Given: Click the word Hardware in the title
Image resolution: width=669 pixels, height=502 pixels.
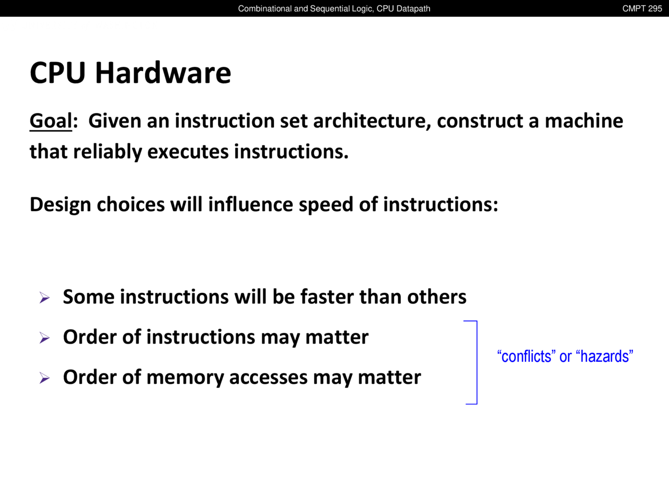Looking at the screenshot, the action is (x=163, y=73).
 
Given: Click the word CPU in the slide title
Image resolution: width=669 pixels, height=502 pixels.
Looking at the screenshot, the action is (x=57, y=73).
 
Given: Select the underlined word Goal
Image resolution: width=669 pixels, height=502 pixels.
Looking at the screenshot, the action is (x=51, y=121).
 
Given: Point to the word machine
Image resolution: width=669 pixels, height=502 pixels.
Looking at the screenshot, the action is (x=584, y=121).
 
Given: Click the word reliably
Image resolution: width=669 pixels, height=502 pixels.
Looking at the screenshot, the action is (x=108, y=152).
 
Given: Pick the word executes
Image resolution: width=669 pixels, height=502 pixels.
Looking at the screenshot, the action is (x=188, y=152).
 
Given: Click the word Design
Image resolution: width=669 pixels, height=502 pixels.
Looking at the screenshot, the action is (x=60, y=204).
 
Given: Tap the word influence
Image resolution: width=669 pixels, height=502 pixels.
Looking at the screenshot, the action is (x=250, y=204).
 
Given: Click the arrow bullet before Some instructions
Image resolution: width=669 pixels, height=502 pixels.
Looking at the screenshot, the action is (x=44, y=298).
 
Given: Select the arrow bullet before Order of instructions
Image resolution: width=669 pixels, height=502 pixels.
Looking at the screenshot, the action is (x=44, y=338).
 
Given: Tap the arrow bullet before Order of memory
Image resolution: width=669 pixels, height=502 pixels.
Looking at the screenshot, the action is (x=44, y=378).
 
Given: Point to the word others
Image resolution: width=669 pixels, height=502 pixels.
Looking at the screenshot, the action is (x=437, y=296).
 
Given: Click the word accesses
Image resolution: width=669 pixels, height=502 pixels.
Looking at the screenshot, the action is (x=268, y=378).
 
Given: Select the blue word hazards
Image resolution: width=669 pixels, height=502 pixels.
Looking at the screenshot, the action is (x=605, y=356).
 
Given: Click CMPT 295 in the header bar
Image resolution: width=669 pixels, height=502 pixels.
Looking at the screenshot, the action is (x=642, y=8).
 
